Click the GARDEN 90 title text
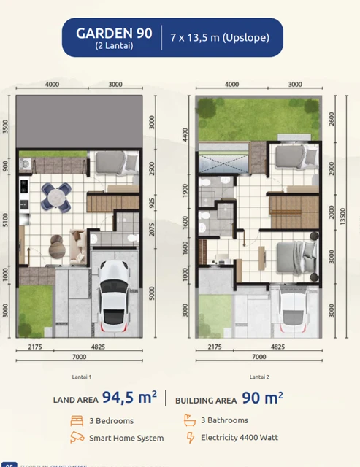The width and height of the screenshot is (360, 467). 114,33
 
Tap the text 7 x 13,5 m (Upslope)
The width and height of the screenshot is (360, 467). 220,37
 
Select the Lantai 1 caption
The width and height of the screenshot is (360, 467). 80,377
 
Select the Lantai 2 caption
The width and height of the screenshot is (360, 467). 259,377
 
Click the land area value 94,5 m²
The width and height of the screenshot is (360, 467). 129,398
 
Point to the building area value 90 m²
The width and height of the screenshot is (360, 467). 262,398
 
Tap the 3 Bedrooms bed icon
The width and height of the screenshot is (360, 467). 77,421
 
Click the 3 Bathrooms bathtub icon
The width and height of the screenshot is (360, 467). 190,421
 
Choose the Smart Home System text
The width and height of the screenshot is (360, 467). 126,438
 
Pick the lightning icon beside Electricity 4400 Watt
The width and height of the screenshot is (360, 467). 191,438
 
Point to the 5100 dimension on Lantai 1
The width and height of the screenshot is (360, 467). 7,219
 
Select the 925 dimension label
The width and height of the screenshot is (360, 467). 152,201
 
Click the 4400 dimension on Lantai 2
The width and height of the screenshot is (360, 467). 185,134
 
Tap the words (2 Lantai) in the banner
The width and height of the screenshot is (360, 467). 114,46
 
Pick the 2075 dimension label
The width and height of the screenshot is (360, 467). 152,229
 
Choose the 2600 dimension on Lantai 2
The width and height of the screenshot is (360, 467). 332,118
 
